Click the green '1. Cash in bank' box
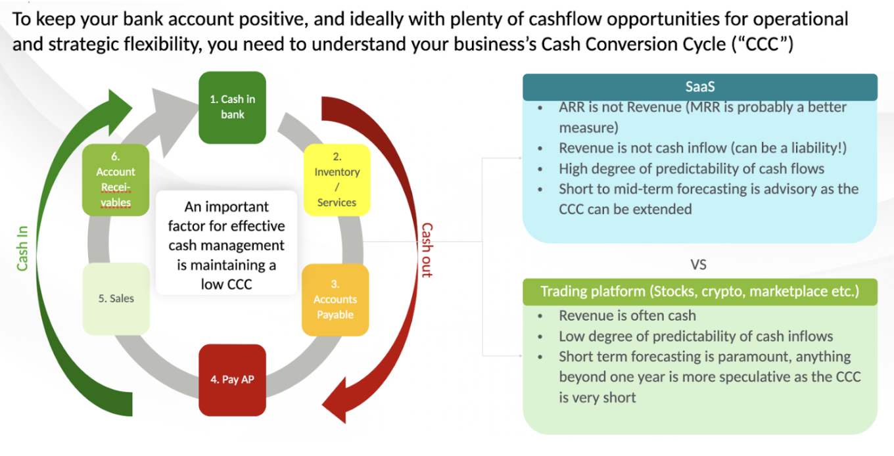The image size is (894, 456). (x=232, y=107)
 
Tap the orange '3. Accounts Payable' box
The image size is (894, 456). (x=335, y=300)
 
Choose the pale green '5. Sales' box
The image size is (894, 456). (x=116, y=298)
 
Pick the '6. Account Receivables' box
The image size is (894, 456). (x=115, y=180)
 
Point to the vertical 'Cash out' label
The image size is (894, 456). (x=427, y=250)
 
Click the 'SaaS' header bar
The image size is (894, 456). (x=699, y=87)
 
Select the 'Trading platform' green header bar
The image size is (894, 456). (x=699, y=291)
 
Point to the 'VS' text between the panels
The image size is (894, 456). (x=698, y=265)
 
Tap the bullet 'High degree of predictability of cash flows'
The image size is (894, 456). (x=692, y=169)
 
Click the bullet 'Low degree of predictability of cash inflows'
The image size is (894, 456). (x=695, y=336)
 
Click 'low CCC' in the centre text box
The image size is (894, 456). (x=226, y=285)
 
